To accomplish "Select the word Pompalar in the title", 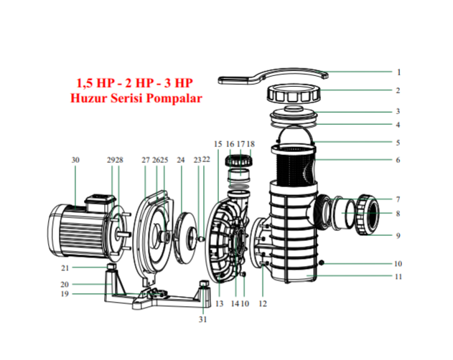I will click(174, 98).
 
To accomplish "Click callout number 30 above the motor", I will click(75, 160).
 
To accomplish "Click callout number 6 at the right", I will click(398, 160).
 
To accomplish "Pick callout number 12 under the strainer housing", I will click(263, 303).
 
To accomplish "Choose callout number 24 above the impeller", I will click(180, 160).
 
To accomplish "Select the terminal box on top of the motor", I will click(101, 199).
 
